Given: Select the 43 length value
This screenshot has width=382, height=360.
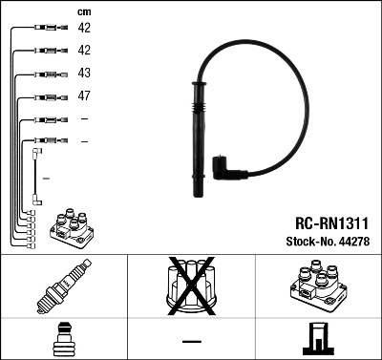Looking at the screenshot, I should tap(84, 74).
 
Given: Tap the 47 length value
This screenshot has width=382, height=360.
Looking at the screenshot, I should tap(84, 96).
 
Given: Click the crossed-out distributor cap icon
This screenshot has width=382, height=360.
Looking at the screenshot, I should tap(191, 286).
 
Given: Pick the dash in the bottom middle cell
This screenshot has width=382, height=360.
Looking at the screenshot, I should tap(191, 341).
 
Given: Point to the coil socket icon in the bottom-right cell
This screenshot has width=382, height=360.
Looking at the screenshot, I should tap(316, 340).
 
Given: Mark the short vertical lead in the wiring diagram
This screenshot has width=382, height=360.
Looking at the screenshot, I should tap(36, 177).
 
